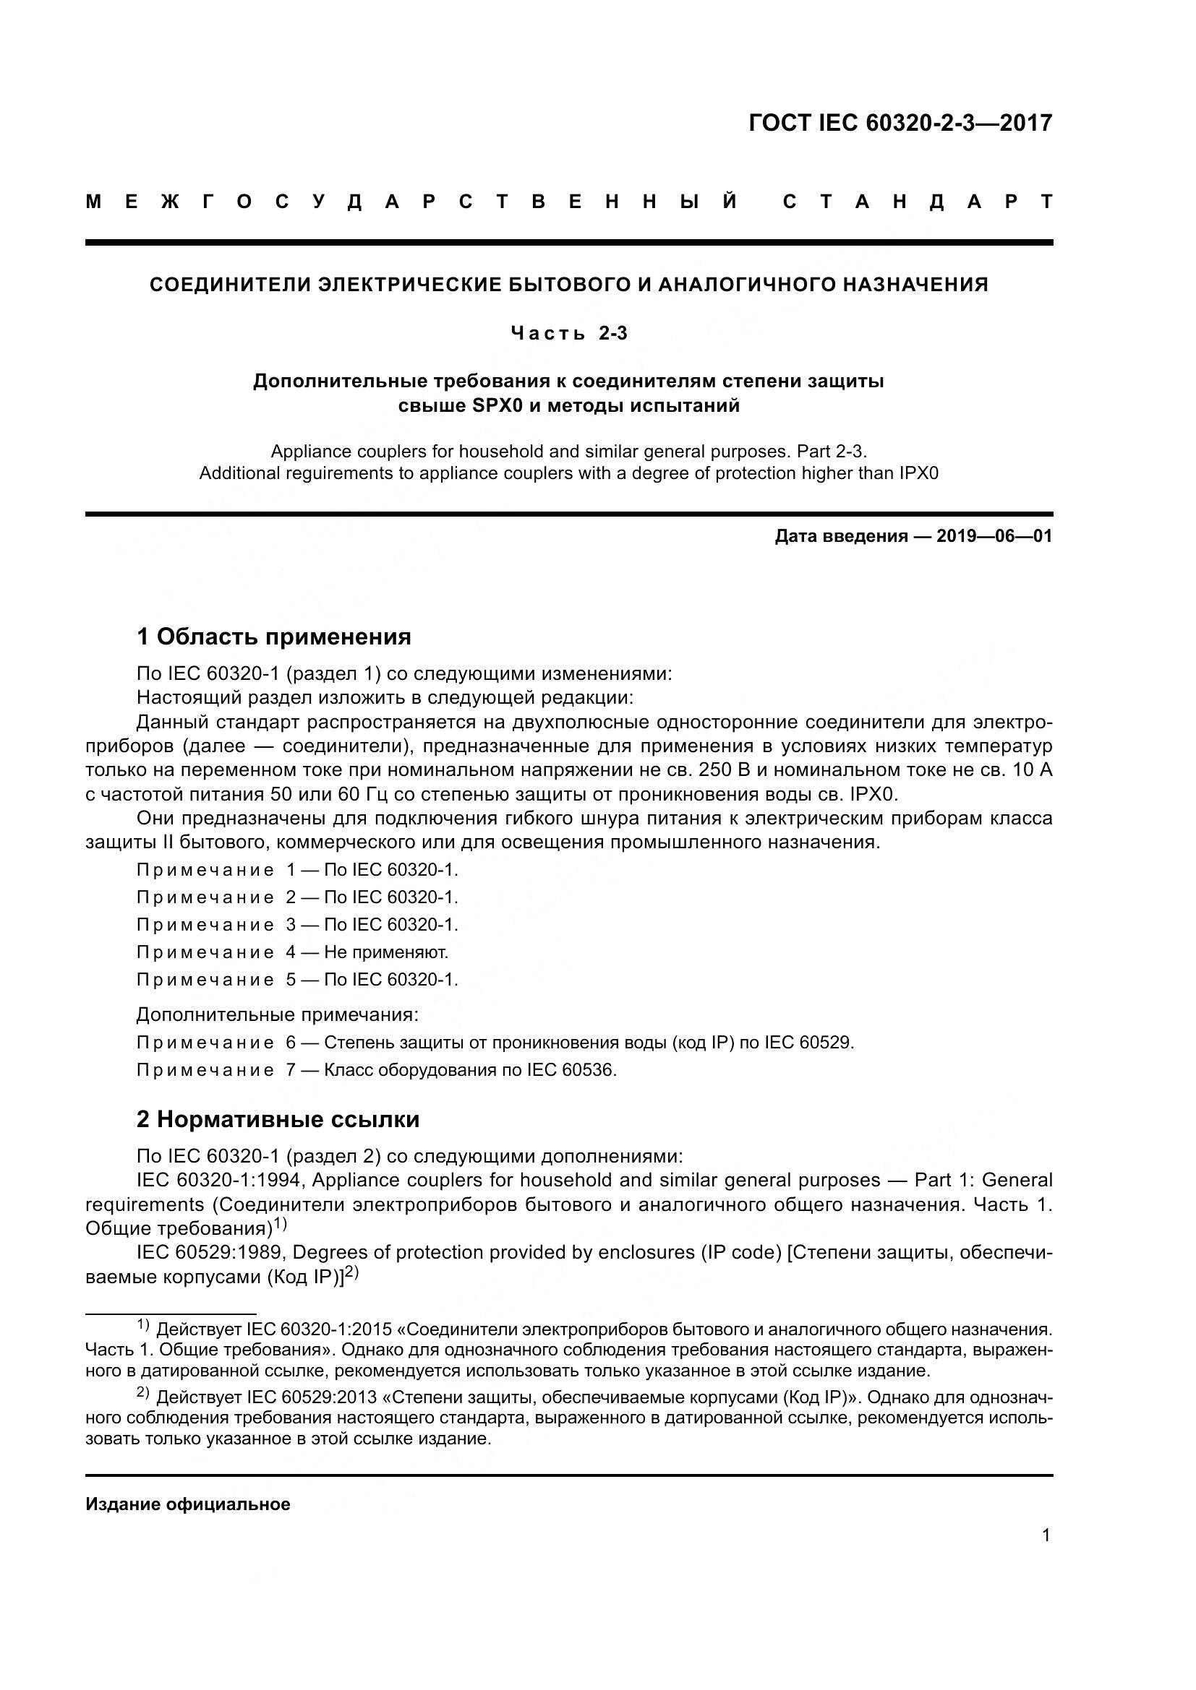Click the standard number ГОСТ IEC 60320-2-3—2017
coord(900,123)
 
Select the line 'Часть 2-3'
coord(569,333)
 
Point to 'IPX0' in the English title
coord(918,473)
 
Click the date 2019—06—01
coord(994,536)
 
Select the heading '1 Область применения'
coord(273,636)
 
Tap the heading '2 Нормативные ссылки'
coord(278,1119)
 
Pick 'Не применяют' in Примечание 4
coord(386,952)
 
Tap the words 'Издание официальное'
coord(188,1504)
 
